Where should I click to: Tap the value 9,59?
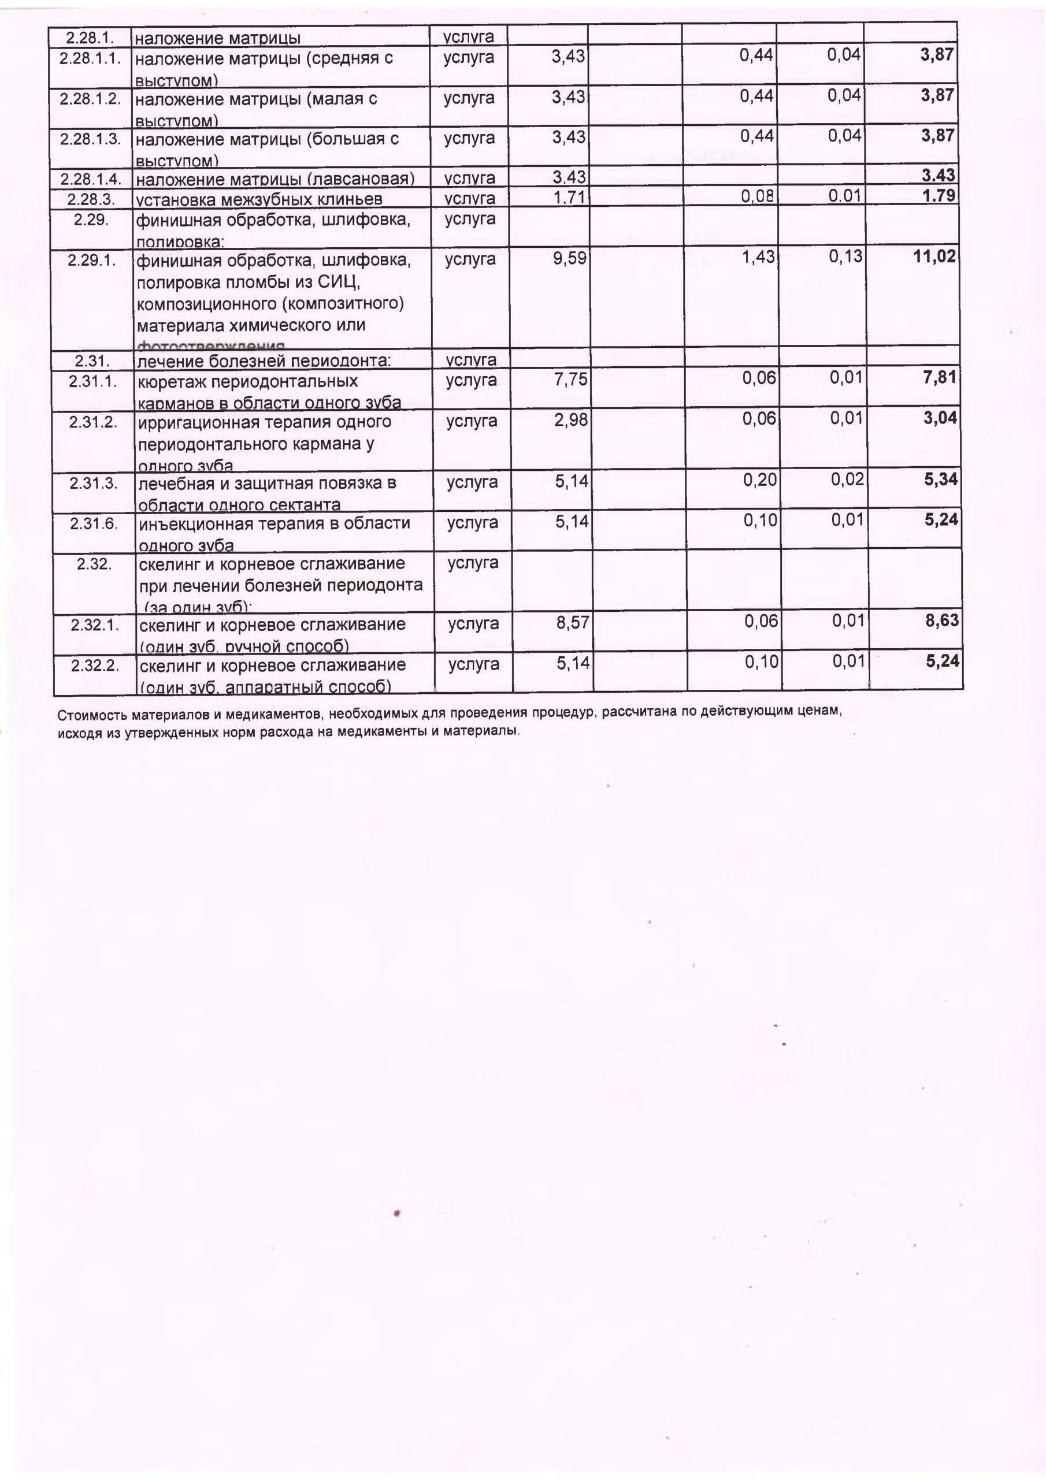click(569, 259)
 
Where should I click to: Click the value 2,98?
click(570, 421)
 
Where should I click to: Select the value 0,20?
click(760, 480)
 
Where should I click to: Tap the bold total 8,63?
click(941, 621)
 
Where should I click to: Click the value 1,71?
click(569, 197)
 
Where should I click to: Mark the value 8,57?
click(573, 623)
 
